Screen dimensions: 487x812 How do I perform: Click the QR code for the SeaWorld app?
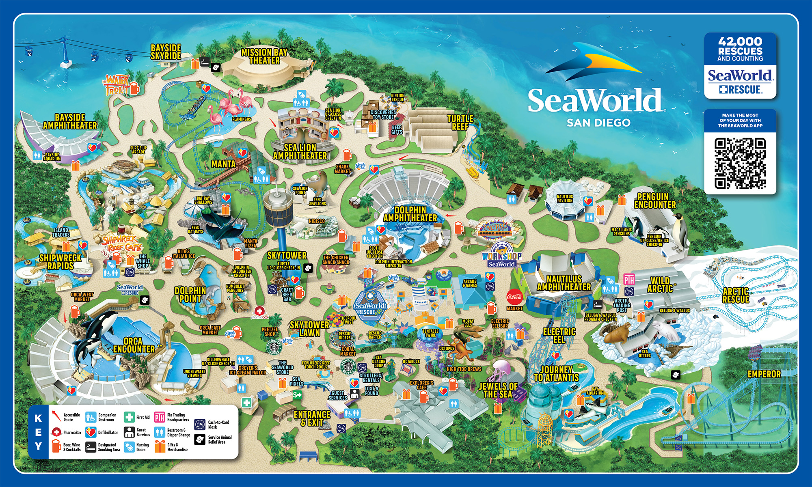(x=740, y=163)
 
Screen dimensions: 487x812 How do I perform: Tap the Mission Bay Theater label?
(x=264, y=56)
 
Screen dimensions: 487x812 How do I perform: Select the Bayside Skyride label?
(x=166, y=52)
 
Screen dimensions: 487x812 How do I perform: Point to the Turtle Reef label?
(x=460, y=122)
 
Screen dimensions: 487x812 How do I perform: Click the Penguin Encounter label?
(x=655, y=201)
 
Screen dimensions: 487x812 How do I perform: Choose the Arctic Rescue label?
(x=736, y=295)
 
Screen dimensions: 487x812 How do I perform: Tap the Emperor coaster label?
(x=764, y=374)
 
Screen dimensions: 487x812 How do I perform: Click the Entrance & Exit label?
(x=312, y=418)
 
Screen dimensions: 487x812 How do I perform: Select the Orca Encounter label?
(x=134, y=345)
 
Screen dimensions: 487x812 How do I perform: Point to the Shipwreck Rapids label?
(x=60, y=262)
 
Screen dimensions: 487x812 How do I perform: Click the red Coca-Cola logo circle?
(x=514, y=297)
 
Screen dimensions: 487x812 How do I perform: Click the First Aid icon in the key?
(x=129, y=417)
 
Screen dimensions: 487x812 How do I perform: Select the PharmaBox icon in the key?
(x=56, y=432)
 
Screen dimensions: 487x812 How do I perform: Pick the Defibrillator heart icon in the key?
(x=91, y=432)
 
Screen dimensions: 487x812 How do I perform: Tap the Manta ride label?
(x=223, y=164)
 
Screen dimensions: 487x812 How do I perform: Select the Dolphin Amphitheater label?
(x=410, y=214)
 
